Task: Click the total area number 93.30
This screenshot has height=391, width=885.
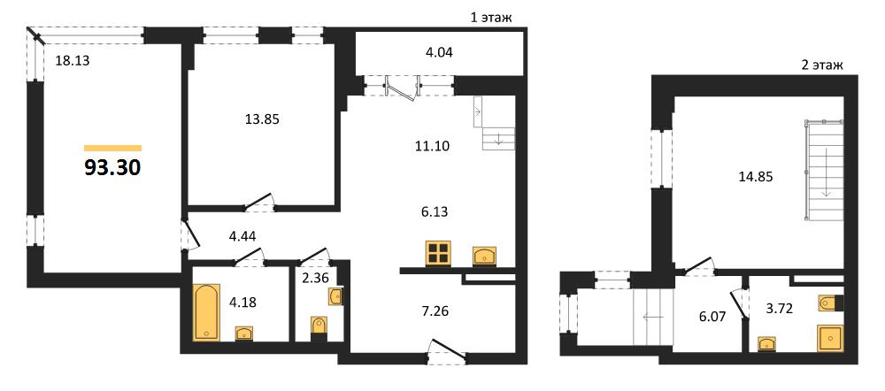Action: pos(112,167)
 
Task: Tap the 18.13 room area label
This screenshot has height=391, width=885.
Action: pos(72,60)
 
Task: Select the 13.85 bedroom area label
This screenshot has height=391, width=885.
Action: pos(263,119)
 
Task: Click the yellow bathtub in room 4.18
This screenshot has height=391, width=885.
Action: pos(206,312)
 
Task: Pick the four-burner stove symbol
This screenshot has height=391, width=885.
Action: pos(438,253)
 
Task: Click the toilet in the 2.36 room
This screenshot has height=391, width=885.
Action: pos(319,328)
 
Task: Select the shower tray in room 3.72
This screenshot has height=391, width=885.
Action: pos(830,337)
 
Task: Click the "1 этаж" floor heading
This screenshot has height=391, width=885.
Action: pos(491,18)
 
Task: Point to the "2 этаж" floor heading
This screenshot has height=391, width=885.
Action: pos(822,65)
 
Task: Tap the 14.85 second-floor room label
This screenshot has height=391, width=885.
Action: pos(755,177)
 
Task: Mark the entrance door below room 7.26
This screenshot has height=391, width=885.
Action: pos(448,352)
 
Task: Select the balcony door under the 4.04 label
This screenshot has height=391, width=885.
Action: pos(403,88)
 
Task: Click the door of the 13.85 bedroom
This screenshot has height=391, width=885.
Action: pos(259,203)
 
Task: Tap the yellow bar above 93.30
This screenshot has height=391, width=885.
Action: pos(112,149)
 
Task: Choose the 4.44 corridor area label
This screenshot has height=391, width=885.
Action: pos(242,237)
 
